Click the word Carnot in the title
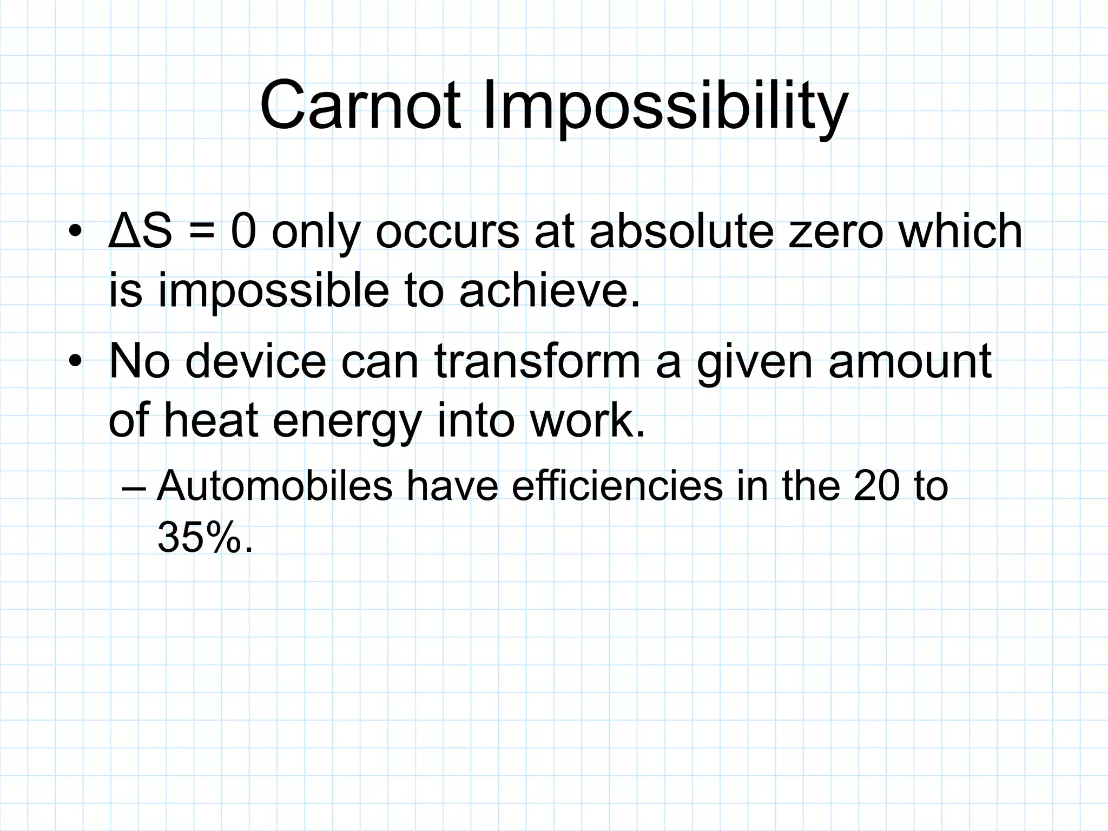(360, 105)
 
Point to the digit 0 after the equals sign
(243, 232)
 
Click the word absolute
(681, 232)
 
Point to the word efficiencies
(617, 485)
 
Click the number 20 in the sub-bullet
(876, 486)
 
